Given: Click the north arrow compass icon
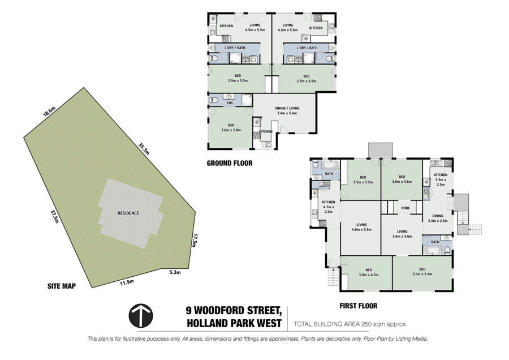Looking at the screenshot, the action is pos(141,315).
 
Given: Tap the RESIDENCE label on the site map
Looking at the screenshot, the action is pos(128,213).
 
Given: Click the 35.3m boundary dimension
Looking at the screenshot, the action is pos(144,149).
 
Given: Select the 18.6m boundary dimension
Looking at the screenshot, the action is pos(50,112).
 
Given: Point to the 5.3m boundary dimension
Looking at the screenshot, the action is pos(175,273).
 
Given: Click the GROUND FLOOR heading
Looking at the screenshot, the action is pos(230,163).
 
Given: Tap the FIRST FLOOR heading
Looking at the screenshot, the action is pos(359,306).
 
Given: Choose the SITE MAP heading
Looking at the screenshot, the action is pos(62,286).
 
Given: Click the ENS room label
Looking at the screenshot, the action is pos(230,103).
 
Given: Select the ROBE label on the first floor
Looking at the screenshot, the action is pos(406,208).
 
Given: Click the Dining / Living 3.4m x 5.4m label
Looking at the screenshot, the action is pos(287,111).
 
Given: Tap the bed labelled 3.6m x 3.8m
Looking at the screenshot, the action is pos(231,127).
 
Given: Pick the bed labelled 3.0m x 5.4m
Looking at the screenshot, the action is pos(422,271).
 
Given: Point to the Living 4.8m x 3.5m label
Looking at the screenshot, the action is pos(361,227).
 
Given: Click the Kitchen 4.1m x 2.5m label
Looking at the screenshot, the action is pos(329,207).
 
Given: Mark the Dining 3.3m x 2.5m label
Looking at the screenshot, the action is pos(438,218).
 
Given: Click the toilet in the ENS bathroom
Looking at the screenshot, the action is pos(214,100).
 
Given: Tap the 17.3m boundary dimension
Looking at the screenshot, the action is pos(195,240).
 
